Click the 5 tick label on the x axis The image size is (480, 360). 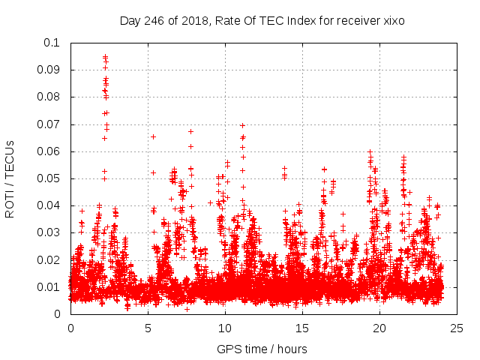click(x=148, y=328)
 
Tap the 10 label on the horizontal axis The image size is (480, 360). click(x=225, y=328)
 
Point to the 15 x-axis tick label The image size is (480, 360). click(x=302, y=328)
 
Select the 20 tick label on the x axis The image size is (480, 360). click(x=379, y=328)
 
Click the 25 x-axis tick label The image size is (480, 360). click(x=457, y=328)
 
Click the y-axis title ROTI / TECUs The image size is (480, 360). click(x=10, y=178)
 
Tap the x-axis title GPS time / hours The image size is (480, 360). click(x=262, y=349)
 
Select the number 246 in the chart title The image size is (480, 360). click(x=153, y=21)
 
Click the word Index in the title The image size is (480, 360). click(x=300, y=21)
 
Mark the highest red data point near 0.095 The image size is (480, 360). click(x=105, y=55)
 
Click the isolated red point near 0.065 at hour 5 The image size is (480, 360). click(x=153, y=136)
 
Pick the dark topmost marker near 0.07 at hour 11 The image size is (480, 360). click(x=242, y=125)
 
